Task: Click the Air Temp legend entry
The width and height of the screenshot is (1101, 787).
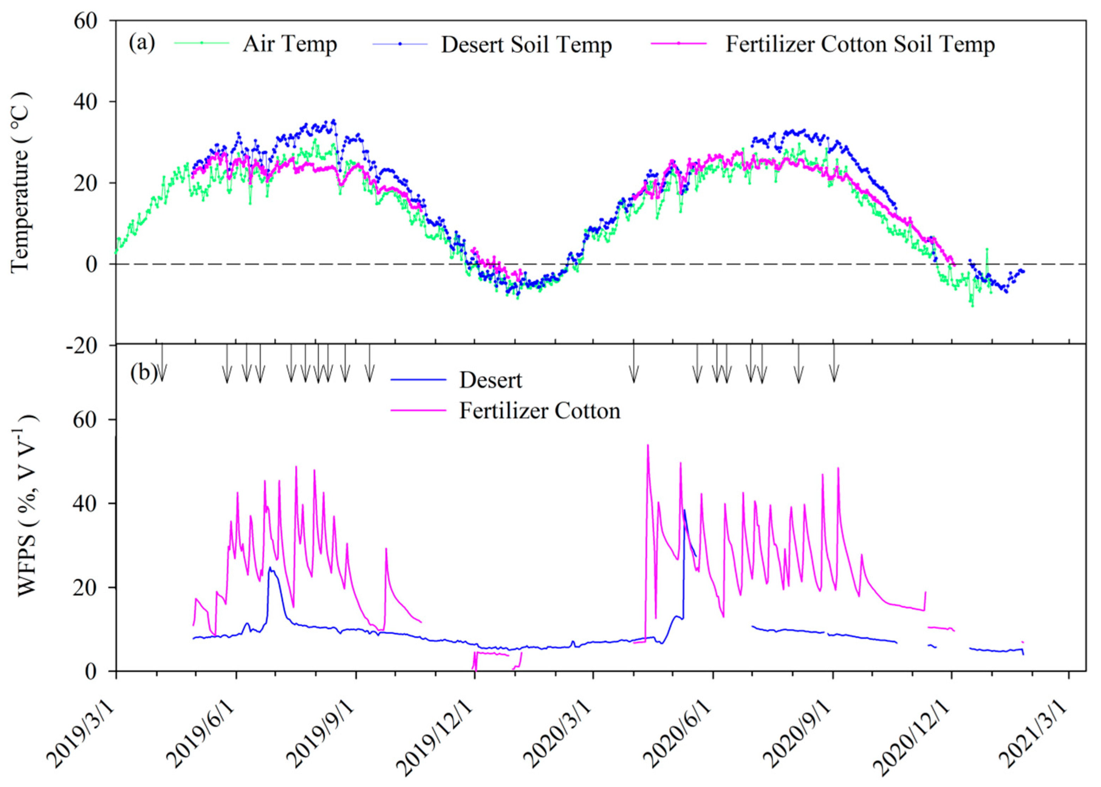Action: coord(290,44)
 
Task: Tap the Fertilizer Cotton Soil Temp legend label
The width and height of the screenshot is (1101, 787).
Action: coord(859,44)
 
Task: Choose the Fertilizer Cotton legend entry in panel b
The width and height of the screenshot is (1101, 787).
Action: coord(539,411)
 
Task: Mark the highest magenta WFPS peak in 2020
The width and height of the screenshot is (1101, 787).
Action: coord(647,446)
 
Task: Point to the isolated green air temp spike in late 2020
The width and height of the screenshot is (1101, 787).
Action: coord(987,250)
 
